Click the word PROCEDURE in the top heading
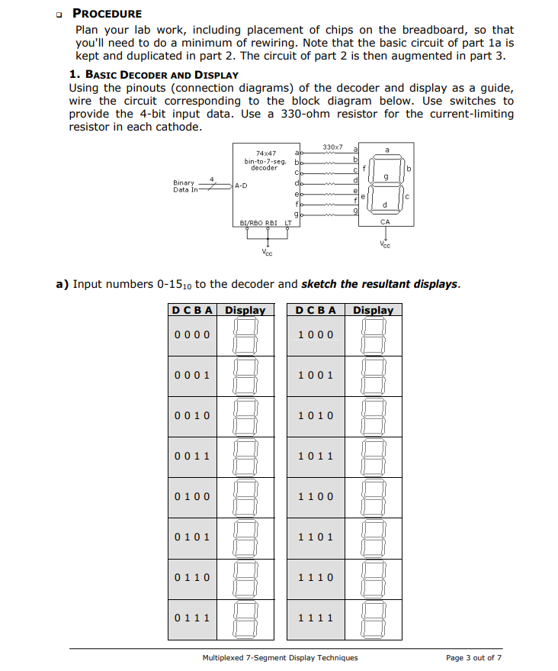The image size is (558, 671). (x=107, y=14)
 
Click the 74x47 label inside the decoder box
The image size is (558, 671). (x=261, y=153)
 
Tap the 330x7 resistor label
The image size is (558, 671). (x=332, y=146)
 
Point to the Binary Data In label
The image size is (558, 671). (x=184, y=186)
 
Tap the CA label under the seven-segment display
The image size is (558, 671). (x=385, y=222)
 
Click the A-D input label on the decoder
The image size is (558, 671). (x=242, y=185)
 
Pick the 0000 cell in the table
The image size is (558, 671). (x=192, y=334)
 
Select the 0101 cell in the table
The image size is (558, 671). (x=192, y=536)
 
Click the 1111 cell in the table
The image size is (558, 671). (x=316, y=617)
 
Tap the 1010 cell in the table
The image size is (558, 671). (x=316, y=415)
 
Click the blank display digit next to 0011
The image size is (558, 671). (x=245, y=456)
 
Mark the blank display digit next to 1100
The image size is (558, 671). (x=374, y=496)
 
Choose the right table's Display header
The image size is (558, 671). (x=374, y=310)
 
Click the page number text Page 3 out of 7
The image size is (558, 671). (x=474, y=657)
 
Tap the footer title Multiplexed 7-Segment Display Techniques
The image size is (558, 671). (x=280, y=657)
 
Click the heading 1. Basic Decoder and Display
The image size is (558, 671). (x=153, y=75)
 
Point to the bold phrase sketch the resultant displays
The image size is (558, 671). (x=380, y=284)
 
